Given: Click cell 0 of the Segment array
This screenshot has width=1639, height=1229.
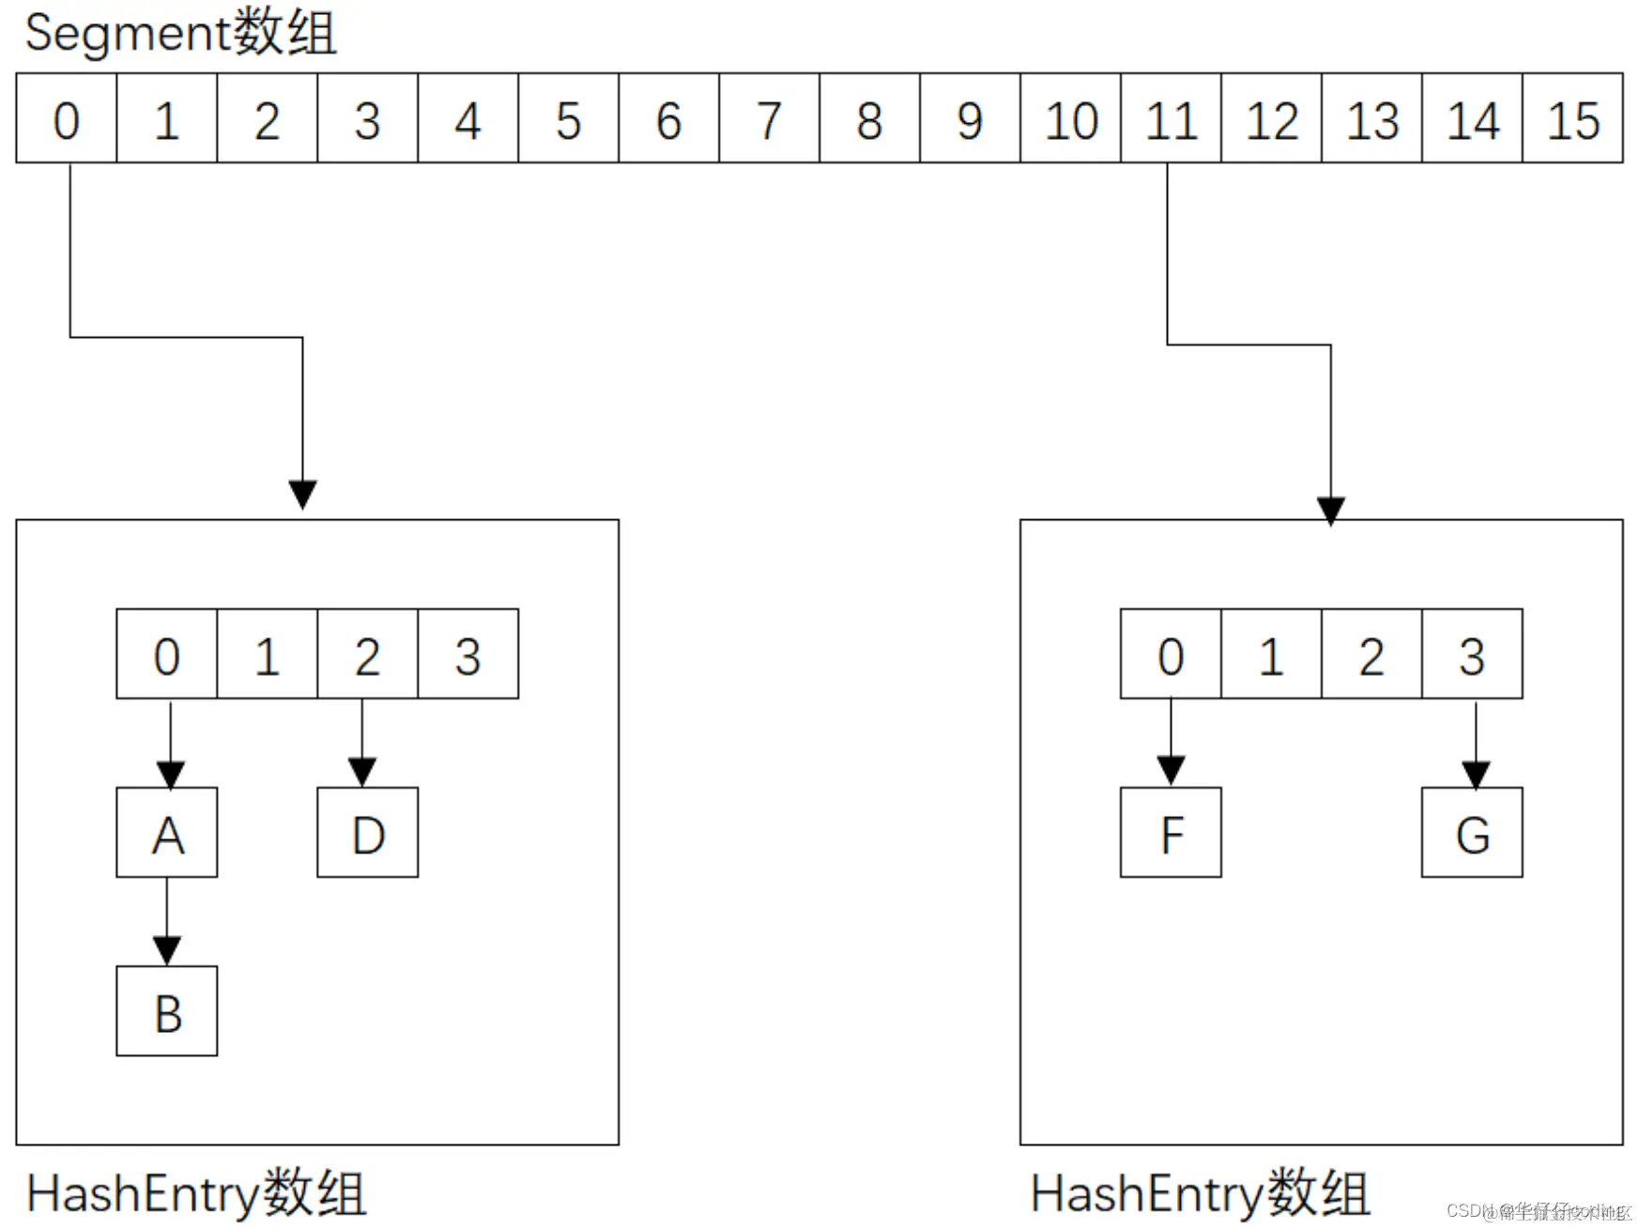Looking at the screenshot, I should (67, 118).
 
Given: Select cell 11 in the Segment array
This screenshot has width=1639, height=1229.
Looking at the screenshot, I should (1171, 118).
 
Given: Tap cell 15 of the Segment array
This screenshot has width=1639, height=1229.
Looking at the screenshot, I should (1572, 118).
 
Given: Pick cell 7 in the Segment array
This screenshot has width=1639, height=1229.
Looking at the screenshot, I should (769, 118).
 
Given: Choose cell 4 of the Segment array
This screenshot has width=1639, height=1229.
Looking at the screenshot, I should (467, 118).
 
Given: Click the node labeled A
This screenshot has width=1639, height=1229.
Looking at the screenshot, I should (167, 833).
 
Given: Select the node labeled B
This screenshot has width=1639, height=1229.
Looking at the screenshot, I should (167, 1011).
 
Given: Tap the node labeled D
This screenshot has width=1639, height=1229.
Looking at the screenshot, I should (368, 833).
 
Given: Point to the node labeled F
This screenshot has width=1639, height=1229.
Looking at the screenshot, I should (1171, 833).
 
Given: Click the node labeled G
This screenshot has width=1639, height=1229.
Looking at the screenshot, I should (1472, 833).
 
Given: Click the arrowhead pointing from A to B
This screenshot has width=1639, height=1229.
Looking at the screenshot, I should (167, 950).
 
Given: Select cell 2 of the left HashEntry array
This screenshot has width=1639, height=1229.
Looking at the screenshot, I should (367, 654).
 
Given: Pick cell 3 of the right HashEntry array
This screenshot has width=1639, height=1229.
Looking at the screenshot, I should (1472, 654).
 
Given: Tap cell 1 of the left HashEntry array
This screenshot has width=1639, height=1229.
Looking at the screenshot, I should (267, 654).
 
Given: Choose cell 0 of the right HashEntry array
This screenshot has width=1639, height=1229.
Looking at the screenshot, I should (1171, 654).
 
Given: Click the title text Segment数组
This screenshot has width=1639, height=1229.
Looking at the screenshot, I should (180, 33).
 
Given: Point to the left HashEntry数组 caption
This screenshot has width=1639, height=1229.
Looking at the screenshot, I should (195, 1193).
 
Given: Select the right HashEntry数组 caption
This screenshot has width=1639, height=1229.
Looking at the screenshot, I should (1200, 1193).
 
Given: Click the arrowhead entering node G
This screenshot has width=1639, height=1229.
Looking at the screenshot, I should (1476, 774).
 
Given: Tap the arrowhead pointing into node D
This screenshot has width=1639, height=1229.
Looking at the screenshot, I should (362, 772).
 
